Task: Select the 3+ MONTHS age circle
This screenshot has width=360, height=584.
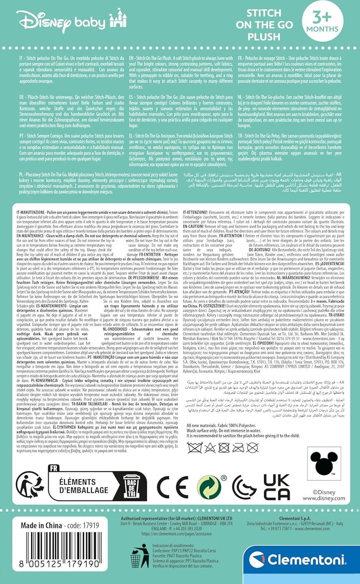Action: pos(322,22)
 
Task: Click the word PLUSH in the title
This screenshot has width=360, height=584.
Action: pos(264,37)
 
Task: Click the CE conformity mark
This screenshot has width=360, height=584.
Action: pos(172,487)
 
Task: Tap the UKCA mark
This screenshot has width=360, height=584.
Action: pos(277,487)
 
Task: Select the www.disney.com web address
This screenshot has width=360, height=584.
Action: pos(323,498)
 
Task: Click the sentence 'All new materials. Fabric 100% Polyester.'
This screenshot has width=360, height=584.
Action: pos(227,425)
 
